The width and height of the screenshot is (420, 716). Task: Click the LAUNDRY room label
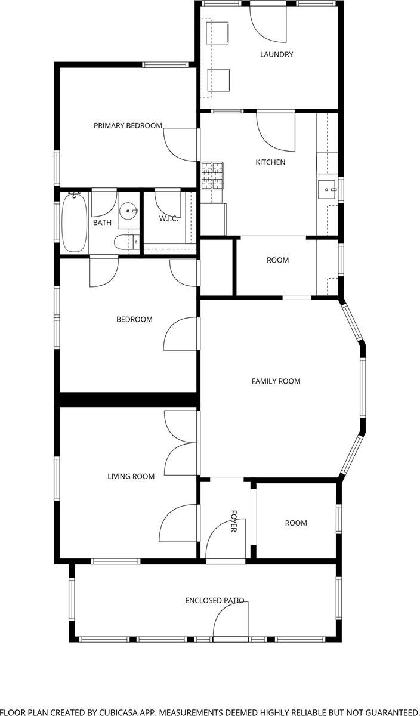click(x=276, y=54)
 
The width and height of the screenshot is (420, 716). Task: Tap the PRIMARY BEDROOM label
click(x=128, y=125)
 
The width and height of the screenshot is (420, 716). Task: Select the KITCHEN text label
click(x=270, y=162)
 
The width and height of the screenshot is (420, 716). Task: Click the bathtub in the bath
click(x=75, y=221)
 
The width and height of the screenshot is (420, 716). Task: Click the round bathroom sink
click(x=128, y=211)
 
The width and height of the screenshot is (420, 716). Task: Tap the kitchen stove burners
click(x=212, y=176)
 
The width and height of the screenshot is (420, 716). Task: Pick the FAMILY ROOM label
click(x=276, y=381)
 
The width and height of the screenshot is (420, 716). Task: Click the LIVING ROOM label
click(x=131, y=476)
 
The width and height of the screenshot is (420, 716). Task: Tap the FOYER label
click(x=233, y=521)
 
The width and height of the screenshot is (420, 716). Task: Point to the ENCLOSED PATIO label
click(x=214, y=600)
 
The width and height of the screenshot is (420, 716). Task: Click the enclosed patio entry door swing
click(x=230, y=621)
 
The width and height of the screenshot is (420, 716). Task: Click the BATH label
click(x=101, y=223)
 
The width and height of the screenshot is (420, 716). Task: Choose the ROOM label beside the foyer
click(x=295, y=523)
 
